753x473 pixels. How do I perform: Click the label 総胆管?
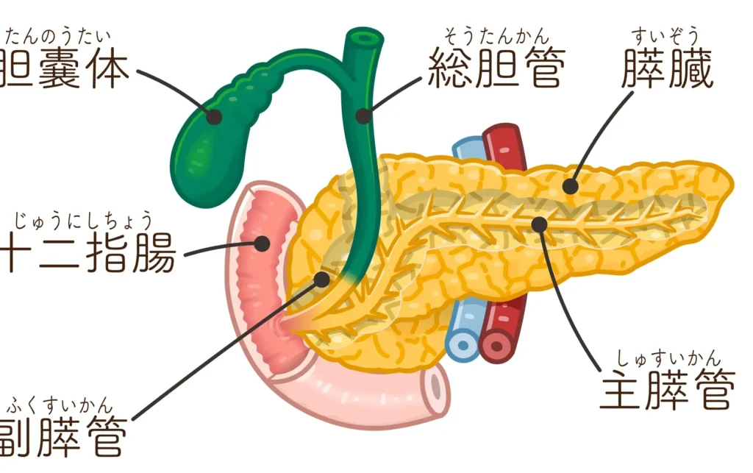click(x=496, y=69)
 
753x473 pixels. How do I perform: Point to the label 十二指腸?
click(x=88, y=254)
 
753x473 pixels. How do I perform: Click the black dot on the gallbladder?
click(x=214, y=116)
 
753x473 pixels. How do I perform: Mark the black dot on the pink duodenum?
click(x=262, y=243)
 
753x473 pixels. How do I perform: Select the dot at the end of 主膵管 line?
click(x=540, y=223)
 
